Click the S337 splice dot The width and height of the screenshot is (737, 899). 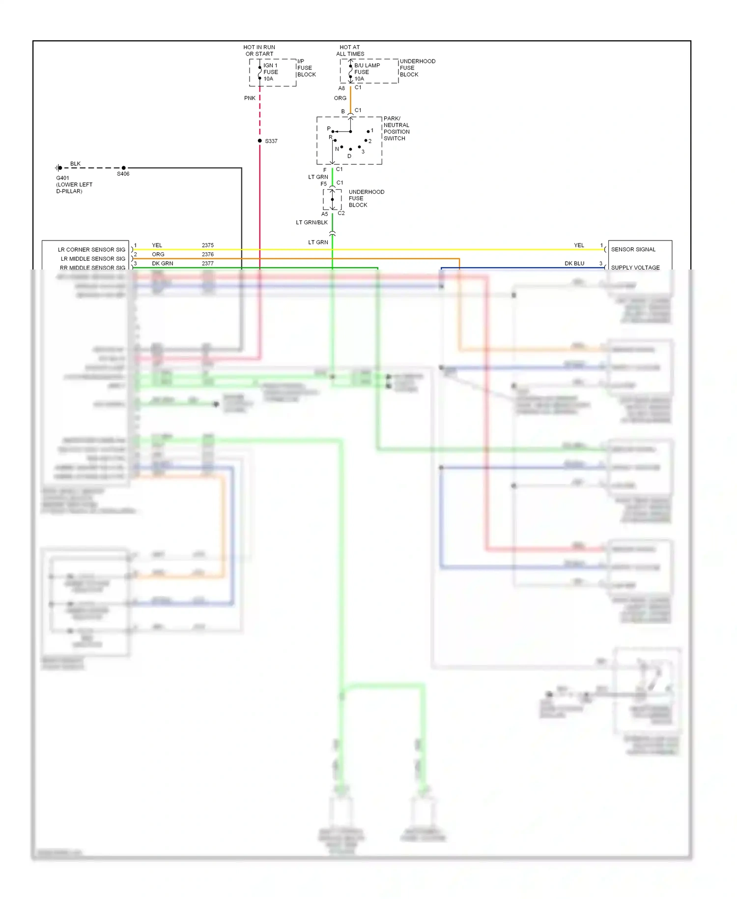coord(260,141)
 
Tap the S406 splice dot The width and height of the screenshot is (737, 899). coord(123,168)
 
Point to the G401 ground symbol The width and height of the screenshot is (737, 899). coord(59,168)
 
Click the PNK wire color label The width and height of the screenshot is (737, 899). coord(250,98)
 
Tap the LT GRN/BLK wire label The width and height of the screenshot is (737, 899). coord(312,222)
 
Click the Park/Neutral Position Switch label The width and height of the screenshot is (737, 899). coord(396,128)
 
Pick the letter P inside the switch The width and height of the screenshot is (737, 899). coord(329,129)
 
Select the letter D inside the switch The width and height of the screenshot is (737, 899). coord(349,156)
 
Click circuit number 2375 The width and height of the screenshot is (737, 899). coord(207,245)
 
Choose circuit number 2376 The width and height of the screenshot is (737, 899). coord(207,254)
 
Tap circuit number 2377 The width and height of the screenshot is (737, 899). coord(207,264)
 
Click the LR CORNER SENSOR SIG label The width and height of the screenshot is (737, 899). coord(91,250)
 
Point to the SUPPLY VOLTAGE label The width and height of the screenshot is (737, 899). coord(635,268)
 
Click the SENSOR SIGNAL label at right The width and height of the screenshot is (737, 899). coord(633,249)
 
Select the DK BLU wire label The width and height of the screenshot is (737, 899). coord(574,264)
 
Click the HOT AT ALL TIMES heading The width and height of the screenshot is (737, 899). coord(350,51)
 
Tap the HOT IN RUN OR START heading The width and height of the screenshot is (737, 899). coord(259,51)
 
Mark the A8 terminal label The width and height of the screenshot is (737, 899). coord(341,89)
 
